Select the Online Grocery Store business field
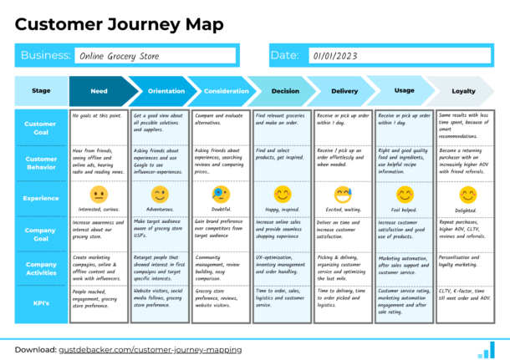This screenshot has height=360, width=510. click(x=156, y=56)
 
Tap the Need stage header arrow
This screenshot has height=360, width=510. click(x=99, y=91)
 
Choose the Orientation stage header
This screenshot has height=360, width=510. click(x=161, y=91)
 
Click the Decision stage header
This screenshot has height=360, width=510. click(x=284, y=91)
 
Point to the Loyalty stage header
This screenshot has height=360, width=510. click(x=463, y=91)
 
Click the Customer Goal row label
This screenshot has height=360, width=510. click(x=40, y=127)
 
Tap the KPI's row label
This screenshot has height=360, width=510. click(x=40, y=303)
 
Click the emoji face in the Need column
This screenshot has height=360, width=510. click(x=99, y=194)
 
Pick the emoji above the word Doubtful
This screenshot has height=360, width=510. click(x=221, y=194)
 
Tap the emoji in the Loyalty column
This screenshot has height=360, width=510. click(x=467, y=194)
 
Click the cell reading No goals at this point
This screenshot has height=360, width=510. click(x=99, y=116)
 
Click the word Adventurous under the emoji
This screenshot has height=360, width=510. click(x=160, y=210)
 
